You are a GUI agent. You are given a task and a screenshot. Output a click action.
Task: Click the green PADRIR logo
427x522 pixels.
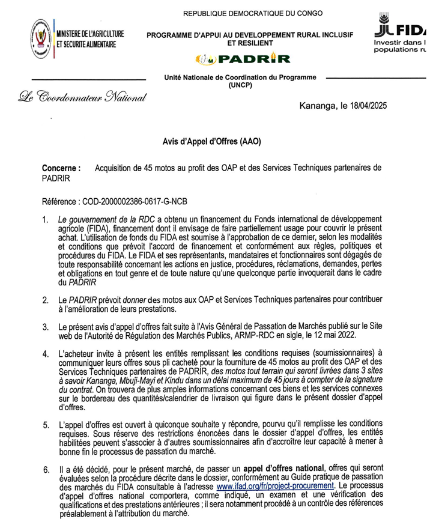243,59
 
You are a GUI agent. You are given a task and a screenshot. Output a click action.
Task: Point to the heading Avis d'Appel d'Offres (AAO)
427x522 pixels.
212,142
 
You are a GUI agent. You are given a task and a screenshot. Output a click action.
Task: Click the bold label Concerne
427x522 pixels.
61,169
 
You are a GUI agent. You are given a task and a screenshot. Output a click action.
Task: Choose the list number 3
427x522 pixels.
45,327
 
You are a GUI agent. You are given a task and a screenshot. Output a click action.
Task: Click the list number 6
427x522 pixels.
45,469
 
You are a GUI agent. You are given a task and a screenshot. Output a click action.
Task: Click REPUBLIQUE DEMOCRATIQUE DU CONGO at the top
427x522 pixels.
252,13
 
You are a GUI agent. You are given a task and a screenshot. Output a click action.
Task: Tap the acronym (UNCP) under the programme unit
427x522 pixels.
240,86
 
